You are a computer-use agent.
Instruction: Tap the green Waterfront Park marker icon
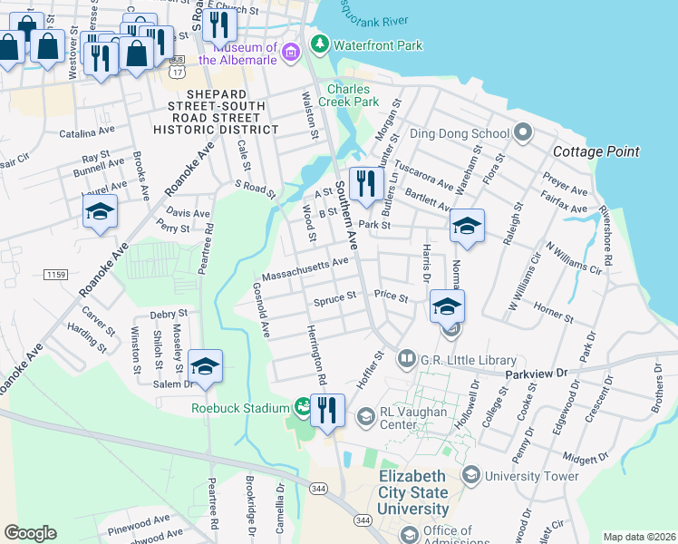tap(318, 44)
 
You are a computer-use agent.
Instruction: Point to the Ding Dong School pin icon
tap(522, 133)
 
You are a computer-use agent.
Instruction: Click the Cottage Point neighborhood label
tap(596, 151)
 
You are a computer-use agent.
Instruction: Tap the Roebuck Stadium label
tap(240, 407)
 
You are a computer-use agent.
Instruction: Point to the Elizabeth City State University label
tap(413, 493)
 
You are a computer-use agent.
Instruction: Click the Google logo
tap(30, 533)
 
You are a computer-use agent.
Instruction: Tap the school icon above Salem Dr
tap(205, 366)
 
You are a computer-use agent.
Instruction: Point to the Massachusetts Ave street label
tap(305, 268)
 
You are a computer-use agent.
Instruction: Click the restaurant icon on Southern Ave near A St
tap(366, 183)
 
